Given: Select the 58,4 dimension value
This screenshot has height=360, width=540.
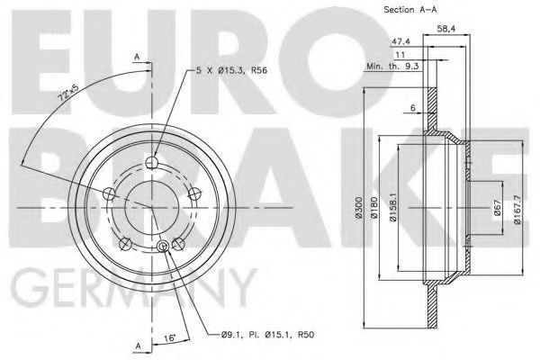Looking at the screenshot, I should click(x=447, y=31).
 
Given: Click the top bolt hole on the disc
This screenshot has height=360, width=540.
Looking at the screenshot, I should click(x=151, y=163).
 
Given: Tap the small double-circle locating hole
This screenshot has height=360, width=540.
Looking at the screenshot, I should click(x=163, y=247).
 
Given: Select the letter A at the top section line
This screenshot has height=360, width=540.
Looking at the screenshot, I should click(x=137, y=57).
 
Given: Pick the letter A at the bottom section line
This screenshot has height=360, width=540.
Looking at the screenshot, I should click(x=137, y=346).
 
